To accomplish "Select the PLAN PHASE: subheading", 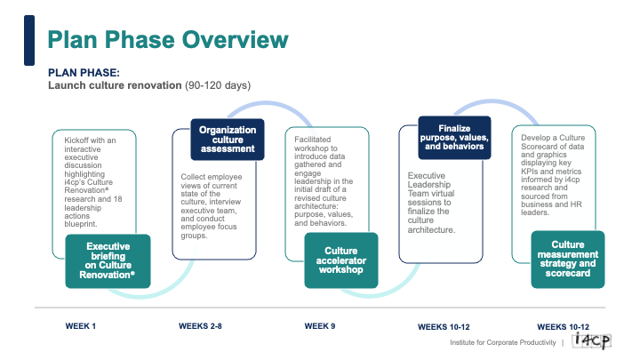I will point(84,73).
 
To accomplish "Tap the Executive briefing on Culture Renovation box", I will point(108,259).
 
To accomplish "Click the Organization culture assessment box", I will point(227,140).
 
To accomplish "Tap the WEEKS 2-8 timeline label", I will point(200,326).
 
